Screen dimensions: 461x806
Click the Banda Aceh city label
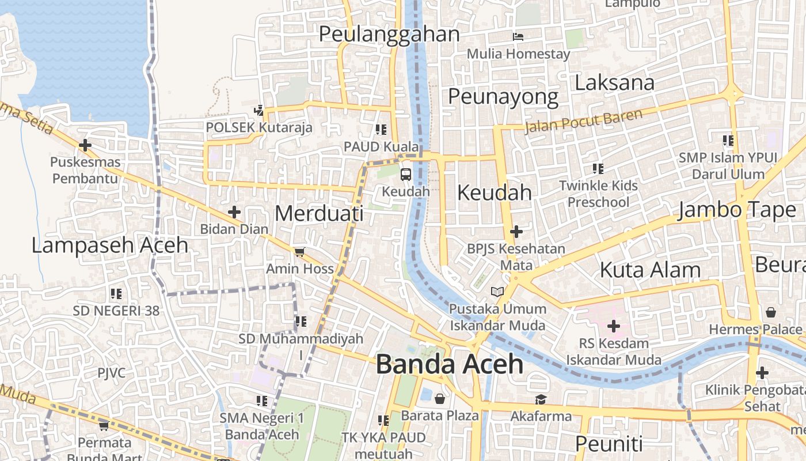pyautogui.click(x=450, y=365)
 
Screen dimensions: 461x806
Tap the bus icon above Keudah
pyautogui.click(x=406, y=174)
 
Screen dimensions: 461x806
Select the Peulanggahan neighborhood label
pyautogui.click(x=389, y=34)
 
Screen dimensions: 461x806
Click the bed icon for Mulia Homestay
pyautogui.click(x=518, y=37)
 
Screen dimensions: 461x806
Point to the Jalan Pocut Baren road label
pyautogui.click(x=583, y=121)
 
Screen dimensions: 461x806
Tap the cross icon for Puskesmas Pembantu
pyautogui.click(x=85, y=145)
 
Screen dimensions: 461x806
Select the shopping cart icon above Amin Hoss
pyautogui.click(x=299, y=252)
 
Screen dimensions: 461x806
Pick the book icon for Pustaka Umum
pyautogui.click(x=497, y=292)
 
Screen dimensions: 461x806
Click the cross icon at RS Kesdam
pyautogui.click(x=614, y=327)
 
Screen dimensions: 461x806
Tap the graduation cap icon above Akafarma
pyautogui.click(x=541, y=399)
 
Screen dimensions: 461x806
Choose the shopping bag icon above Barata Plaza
pyautogui.click(x=440, y=398)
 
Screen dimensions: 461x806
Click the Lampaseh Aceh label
pyautogui.click(x=109, y=245)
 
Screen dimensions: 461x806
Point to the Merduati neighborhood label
pyautogui.click(x=319, y=213)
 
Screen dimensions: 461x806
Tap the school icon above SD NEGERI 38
pyautogui.click(x=116, y=294)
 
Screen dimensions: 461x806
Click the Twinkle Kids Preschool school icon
pyautogui.click(x=598, y=169)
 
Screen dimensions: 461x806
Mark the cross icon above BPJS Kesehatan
pyautogui.click(x=516, y=232)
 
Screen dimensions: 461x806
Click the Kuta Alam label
pyautogui.click(x=650, y=270)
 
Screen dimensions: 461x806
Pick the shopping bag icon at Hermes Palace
pyautogui.click(x=770, y=312)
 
